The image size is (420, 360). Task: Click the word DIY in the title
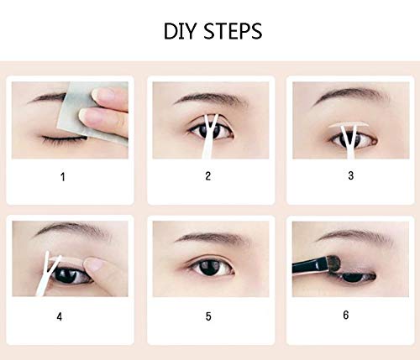(180, 31)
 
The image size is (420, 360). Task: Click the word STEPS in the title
(233, 31)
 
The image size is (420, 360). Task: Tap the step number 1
(63, 177)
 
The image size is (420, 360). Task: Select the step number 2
(207, 176)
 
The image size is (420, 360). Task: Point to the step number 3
(351, 175)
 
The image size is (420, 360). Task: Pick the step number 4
(60, 316)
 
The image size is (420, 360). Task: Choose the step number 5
(208, 316)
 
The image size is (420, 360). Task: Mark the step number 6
(346, 315)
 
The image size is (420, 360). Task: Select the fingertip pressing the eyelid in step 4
(94, 263)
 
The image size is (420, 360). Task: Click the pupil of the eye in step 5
(209, 267)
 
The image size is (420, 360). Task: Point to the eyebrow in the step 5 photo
(213, 237)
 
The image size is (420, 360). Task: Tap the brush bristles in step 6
(333, 263)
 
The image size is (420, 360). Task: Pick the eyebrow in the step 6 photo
(355, 235)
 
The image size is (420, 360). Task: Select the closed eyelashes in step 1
(65, 139)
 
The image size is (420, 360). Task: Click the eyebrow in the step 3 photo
(350, 95)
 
